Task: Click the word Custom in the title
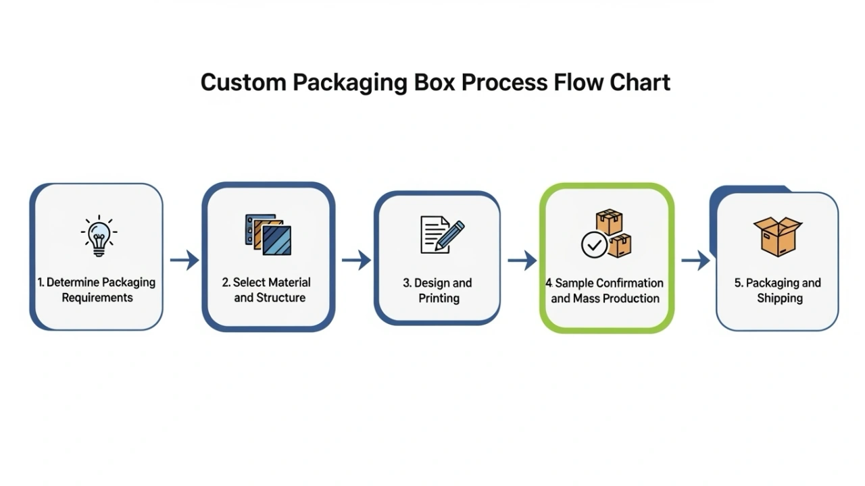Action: (243, 82)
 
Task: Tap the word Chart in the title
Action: (639, 82)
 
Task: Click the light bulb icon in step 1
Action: (99, 236)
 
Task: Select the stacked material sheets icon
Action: (268, 234)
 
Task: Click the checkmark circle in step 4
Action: (595, 244)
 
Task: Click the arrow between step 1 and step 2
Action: (184, 260)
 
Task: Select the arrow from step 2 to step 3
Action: (356, 260)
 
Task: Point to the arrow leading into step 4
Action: (522, 260)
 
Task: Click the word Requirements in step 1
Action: (97, 298)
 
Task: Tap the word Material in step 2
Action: (289, 282)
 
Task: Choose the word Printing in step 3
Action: (439, 298)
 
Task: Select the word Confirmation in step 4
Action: (628, 283)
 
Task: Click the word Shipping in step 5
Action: (779, 298)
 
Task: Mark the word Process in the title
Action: (504, 82)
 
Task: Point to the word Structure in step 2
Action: (280, 298)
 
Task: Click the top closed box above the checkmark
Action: (609, 222)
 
